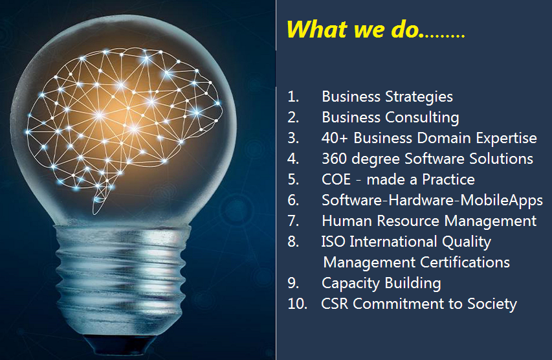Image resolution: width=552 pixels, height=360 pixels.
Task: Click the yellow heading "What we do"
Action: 353,29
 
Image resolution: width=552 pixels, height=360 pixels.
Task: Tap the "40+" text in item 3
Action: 335,138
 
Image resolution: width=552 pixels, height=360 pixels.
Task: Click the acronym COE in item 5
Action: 337,179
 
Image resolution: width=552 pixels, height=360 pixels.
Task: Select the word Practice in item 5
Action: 448,179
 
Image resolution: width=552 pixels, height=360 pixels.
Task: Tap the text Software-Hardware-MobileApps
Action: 432,201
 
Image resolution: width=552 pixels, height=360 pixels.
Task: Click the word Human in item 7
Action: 347,221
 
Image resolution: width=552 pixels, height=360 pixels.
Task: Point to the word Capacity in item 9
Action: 351,284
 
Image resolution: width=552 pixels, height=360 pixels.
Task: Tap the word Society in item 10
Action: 492,304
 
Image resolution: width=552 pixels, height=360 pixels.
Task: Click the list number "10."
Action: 297,304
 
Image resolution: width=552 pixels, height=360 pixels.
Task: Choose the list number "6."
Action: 293,201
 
